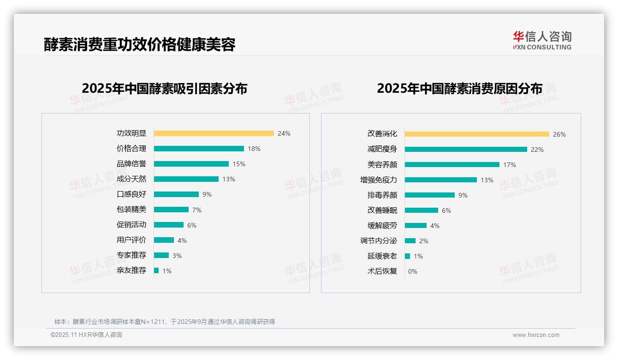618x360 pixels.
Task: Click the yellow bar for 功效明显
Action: coord(214,133)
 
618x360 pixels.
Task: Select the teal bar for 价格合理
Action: coord(199,149)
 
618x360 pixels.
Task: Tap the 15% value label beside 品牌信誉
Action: coord(239,164)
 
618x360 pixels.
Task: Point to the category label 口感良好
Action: coord(131,194)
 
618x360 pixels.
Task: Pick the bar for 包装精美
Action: coord(171,210)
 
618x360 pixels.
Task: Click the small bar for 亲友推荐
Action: coord(156,270)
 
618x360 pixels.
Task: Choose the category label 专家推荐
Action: coord(131,255)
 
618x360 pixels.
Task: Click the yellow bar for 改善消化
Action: coord(477,134)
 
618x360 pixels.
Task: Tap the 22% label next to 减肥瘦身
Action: coord(537,150)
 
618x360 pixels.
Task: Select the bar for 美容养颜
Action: coord(452,165)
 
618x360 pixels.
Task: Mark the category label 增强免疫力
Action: coord(379,180)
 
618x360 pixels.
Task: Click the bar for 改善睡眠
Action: coord(422,210)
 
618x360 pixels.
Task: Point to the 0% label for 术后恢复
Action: coord(413,271)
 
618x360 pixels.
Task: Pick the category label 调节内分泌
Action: coord(379,241)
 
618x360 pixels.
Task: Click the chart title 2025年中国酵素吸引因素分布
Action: coord(165,89)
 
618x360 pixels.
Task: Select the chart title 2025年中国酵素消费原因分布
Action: coord(459,89)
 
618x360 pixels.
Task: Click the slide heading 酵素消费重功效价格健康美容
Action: coord(140,45)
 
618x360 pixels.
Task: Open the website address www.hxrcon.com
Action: coord(536,335)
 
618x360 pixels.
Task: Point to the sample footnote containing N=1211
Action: coord(165,322)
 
